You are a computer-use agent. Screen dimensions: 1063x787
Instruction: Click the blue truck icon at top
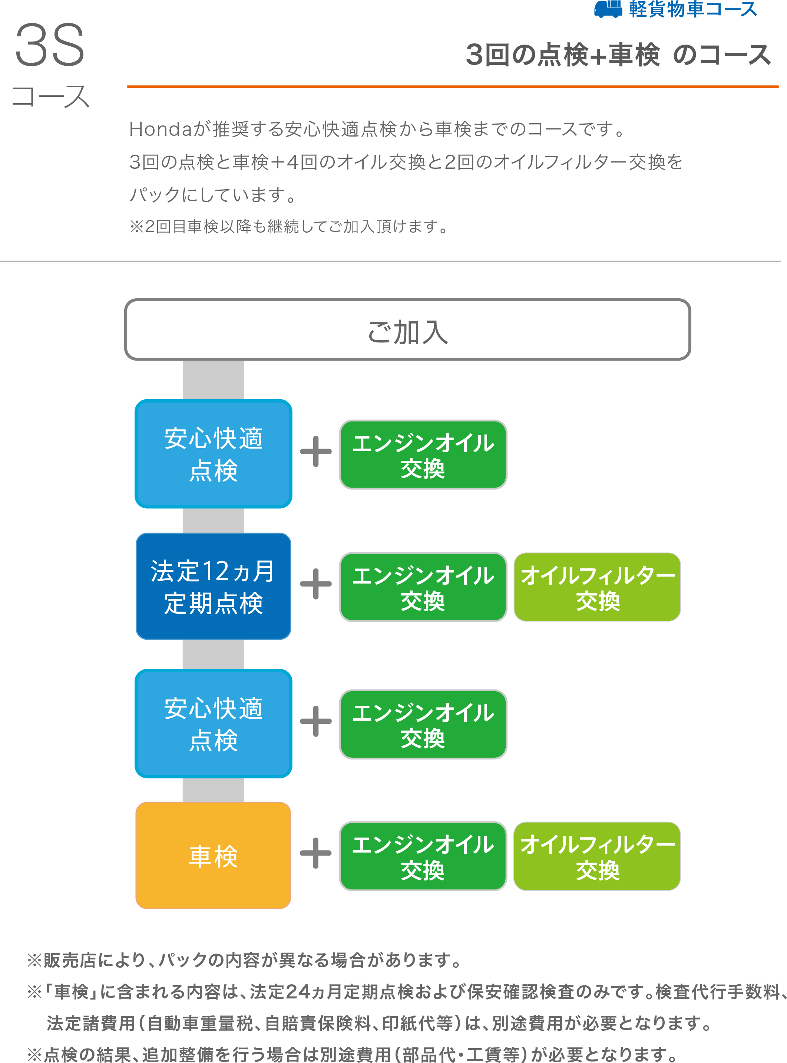tap(608, 9)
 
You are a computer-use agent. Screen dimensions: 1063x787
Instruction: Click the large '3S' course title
tap(50, 46)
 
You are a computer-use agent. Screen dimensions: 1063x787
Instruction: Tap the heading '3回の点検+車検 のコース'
tap(618, 55)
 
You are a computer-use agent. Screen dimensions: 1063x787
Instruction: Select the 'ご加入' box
tap(407, 330)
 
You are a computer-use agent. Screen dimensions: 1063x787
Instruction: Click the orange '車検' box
tap(213, 856)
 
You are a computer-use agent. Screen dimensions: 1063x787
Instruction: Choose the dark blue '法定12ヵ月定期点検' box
tap(213, 586)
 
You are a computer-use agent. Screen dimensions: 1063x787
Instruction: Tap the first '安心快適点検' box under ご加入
tap(213, 454)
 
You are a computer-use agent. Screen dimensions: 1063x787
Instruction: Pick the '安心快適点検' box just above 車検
tap(213, 724)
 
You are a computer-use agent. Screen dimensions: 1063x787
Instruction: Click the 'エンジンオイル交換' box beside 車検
tap(423, 856)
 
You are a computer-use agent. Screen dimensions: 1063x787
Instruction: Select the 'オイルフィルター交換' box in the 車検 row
tap(597, 856)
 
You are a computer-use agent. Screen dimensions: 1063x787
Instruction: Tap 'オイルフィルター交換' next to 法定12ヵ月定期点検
tap(597, 587)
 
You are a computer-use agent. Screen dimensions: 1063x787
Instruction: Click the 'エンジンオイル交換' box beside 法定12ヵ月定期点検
tap(423, 587)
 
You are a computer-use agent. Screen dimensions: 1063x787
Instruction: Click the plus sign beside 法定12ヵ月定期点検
tap(315, 584)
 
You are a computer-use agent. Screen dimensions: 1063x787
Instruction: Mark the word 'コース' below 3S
tap(50, 97)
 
